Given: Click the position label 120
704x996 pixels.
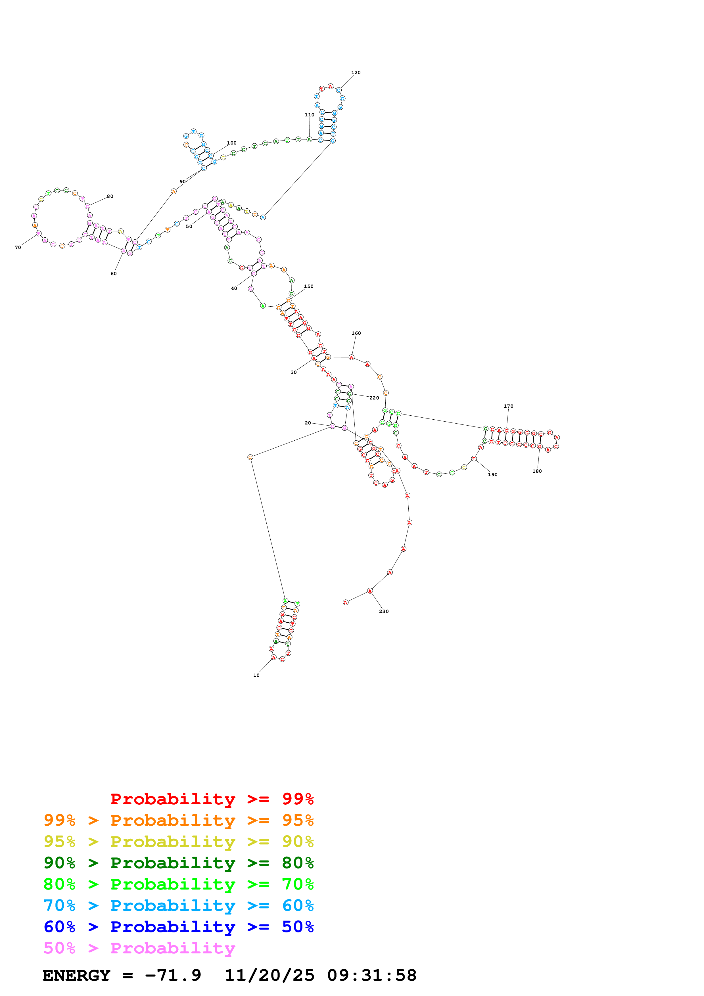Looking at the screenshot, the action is pyautogui.click(x=356, y=72).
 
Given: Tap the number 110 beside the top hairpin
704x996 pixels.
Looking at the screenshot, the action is pyautogui.click(x=309, y=115).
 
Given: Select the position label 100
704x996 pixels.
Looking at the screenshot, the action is pyautogui.click(x=232, y=143).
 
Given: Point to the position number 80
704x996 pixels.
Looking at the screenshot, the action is pyautogui.click(x=110, y=196).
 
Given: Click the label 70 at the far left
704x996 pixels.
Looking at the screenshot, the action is pyautogui.click(x=18, y=247).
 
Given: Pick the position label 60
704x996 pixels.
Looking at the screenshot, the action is pyautogui.click(x=114, y=273).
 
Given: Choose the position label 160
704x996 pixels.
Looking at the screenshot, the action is pyautogui.click(x=356, y=333).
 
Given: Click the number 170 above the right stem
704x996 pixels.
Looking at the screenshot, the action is pyautogui.click(x=508, y=406).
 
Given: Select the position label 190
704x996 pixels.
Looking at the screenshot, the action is pyautogui.click(x=492, y=474).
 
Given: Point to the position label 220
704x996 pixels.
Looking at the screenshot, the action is pyautogui.click(x=374, y=398).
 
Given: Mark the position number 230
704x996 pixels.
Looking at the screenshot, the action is pyautogui.click(x=384, y=611).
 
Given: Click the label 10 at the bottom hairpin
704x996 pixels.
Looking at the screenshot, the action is pyautogui.click(x=256, y=675).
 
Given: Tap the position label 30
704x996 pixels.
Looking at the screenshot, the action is pyautogui.click(x=294, y=372).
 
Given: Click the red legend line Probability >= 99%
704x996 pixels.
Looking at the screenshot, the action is pyautogui.click(x=212, y=799).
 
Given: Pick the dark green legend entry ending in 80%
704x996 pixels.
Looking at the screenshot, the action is pyautogui.click(x=178, y=863).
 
